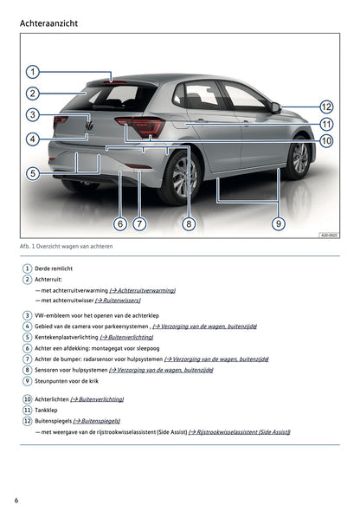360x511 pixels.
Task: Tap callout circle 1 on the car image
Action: click(31, 72)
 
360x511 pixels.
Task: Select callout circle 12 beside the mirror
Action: click(326, 107)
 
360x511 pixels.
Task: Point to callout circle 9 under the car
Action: click(278, 223)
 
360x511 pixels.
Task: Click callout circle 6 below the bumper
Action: click(120, 223)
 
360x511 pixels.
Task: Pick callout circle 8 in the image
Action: click(189, 223)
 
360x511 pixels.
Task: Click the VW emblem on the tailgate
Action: click(88, 126)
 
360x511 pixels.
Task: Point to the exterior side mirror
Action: click(274, 107)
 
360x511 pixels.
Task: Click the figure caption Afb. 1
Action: click(66, 247)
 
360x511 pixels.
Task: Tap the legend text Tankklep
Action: click(48, 410)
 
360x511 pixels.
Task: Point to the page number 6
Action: click(16, 500)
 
